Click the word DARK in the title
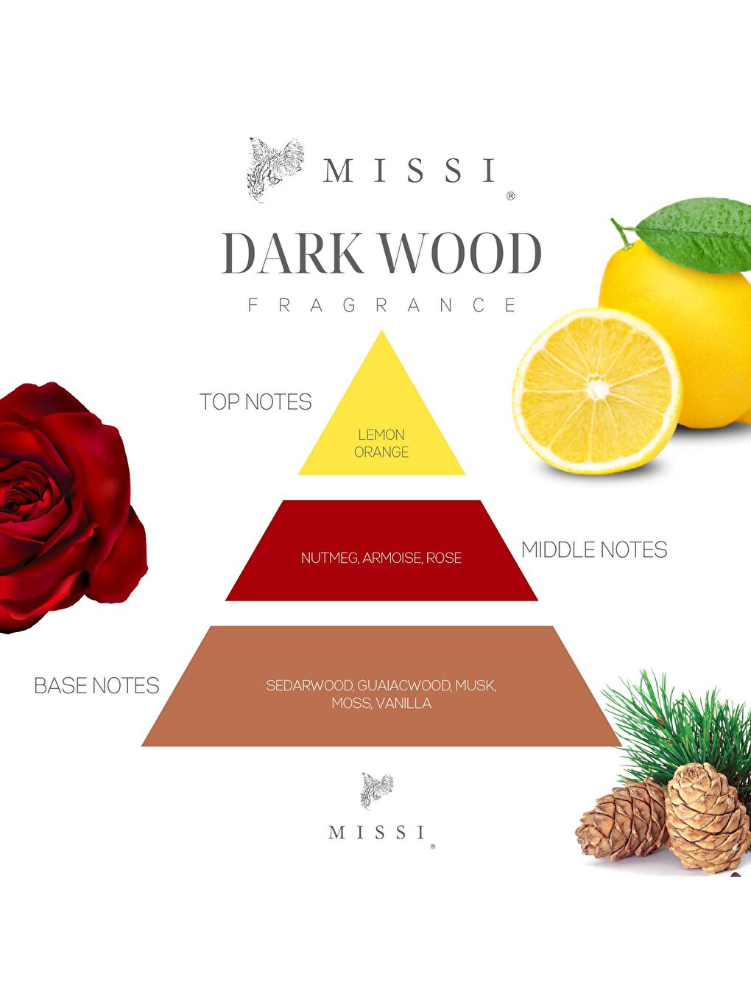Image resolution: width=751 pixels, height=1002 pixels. [292, 254]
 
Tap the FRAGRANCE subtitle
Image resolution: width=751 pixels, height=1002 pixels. [382, 305]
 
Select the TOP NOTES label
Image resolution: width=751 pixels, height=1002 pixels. [255, 402]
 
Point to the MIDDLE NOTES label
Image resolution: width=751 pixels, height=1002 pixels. [593, 550]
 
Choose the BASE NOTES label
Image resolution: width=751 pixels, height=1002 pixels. [96, 686]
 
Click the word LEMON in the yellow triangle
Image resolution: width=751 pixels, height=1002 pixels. [381, 435]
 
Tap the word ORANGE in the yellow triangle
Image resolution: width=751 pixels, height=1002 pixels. [381, 452]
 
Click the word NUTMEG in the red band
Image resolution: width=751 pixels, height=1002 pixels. [329, 558]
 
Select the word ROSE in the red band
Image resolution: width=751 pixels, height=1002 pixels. [444, 558]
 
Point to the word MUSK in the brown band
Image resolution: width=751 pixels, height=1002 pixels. [475, 686]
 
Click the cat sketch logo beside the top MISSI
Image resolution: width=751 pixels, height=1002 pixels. [274, 169]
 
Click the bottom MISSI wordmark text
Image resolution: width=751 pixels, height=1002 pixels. [377, 833]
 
